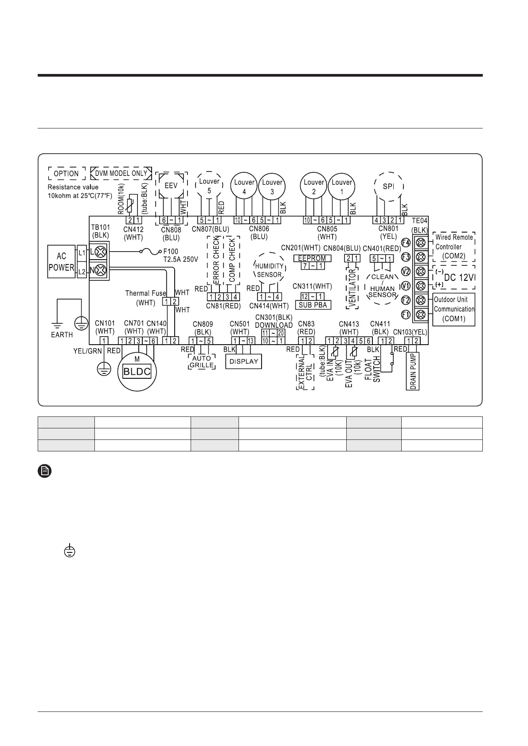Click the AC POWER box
61,262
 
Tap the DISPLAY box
244,361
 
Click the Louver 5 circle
209,185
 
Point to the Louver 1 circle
342,186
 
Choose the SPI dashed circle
388,186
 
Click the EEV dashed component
171,186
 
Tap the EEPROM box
312,258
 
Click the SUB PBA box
313,305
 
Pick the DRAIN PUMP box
413,371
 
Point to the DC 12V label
459,278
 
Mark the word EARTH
62,334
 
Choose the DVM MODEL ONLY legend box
121,173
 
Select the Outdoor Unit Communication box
454,309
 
